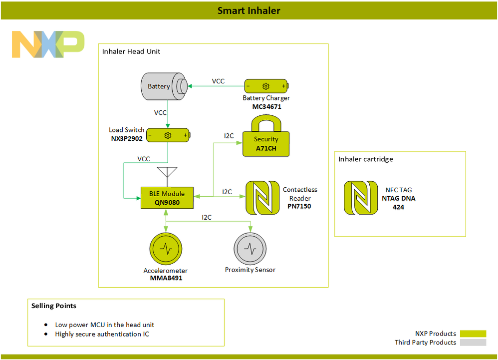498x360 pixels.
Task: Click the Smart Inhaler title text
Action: pos(249,10)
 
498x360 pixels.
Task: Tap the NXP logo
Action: pos(48,44)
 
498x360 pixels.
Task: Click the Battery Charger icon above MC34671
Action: pos(266,86)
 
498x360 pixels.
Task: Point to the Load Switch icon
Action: pos(168,135)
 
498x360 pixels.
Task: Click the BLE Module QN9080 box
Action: pos(166,198)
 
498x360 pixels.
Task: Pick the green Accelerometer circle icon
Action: pos(166,248)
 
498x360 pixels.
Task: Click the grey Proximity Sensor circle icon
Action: pos(250,248)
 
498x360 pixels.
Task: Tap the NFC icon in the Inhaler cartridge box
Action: pos(360,198)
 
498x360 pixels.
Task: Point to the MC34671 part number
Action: pos(266,107)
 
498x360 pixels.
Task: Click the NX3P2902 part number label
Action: pos(127,138)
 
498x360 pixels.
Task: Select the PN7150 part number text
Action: pos(299,206)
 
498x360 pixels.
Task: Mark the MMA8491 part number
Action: pos(166,278)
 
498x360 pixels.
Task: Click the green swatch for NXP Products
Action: pos(473,334)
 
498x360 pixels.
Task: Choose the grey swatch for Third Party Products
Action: pos(473,343)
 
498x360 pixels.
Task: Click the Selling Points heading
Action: pos(54,306)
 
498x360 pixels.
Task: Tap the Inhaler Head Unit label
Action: pos(131,51)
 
